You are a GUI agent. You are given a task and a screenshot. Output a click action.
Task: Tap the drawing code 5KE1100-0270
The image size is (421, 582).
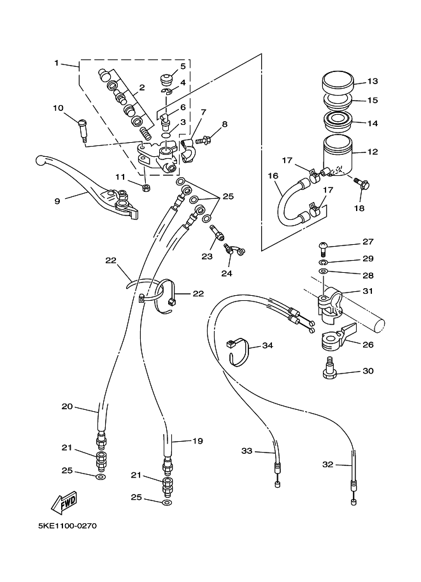pyautogui.click(x=68, y=526)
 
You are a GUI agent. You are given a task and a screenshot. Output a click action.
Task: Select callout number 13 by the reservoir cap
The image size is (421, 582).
pyautogui.click(x=373, y=81)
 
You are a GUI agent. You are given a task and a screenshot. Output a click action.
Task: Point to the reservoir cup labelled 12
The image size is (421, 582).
pyautogui.click(x=337, y=156)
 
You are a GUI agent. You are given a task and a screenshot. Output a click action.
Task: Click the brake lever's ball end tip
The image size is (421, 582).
pyautogui.click(x=39, y=161)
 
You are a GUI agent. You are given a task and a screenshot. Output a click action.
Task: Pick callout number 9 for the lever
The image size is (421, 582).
pyautogui.click(x=57, y=201)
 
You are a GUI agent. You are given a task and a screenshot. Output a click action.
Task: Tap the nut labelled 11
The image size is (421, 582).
pyautogui.click(x=146, y=188)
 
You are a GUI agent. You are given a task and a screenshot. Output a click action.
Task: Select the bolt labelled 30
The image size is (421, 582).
pyautogui.click(x=329, y=368)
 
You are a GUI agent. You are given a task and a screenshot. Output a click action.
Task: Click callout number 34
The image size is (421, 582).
pyautogui.click(x=268, y=346)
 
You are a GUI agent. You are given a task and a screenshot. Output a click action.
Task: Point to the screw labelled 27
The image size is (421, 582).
pyautogui.click(x=322, y=247)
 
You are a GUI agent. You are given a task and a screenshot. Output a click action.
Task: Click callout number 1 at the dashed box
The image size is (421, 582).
pyautogui.click(x=57, y=62)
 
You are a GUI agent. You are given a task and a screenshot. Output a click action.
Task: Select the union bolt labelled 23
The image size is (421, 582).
pyautogui.click(x=217, y=233)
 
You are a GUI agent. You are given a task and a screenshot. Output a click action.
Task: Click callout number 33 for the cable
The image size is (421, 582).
pyautogui.click(x=246, y=451)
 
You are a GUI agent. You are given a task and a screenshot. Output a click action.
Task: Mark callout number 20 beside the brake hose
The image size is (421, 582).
pyautogui.click(x=67, y=407)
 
